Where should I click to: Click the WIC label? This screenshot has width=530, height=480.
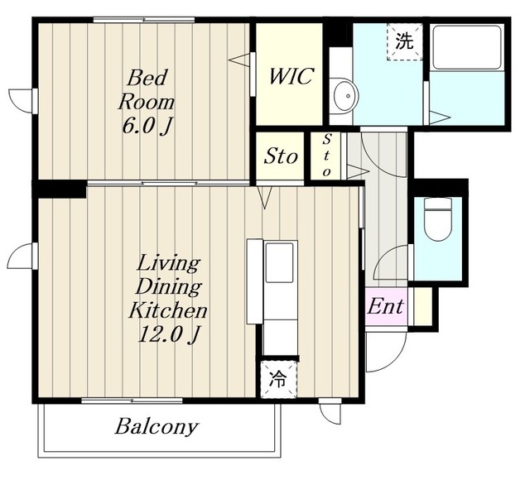[291, 76]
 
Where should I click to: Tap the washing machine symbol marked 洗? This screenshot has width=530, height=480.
[405, 42]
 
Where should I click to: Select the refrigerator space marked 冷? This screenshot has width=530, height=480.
[279, 379]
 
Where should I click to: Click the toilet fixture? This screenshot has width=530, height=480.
[438, 218]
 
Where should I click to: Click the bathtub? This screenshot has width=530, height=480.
[466, 47]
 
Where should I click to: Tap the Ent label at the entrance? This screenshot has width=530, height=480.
[386, 306]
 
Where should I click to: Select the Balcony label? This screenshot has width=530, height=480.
[156, 427]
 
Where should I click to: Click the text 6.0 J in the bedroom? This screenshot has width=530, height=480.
[146, 127]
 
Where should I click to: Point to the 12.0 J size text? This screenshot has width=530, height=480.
[167, 334]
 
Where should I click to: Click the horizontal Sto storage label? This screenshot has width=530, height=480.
[281, 156]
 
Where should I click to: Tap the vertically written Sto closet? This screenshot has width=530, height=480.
[326, 155]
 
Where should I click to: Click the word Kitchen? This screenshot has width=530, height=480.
[167, 310]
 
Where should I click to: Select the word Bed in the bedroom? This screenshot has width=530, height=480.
[147, 77]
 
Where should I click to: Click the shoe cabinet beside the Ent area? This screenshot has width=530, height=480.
[421, 306]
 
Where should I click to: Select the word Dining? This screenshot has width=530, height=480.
[168, 287]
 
